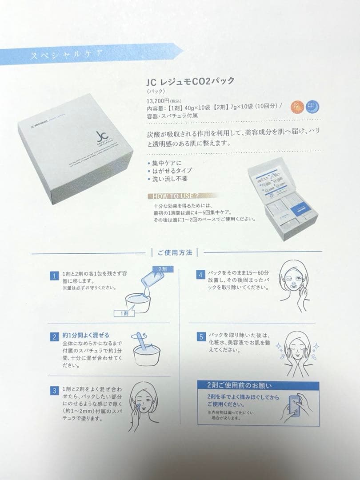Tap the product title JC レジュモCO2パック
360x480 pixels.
[x=190, y=82]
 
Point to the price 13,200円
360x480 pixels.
[x=159, y=100]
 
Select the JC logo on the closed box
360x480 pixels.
[x=100, y=136]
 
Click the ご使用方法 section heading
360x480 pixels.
[x=174, y=252]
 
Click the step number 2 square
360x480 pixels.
[x=54, y=336]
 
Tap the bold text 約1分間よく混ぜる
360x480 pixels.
[x=86, y=335]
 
